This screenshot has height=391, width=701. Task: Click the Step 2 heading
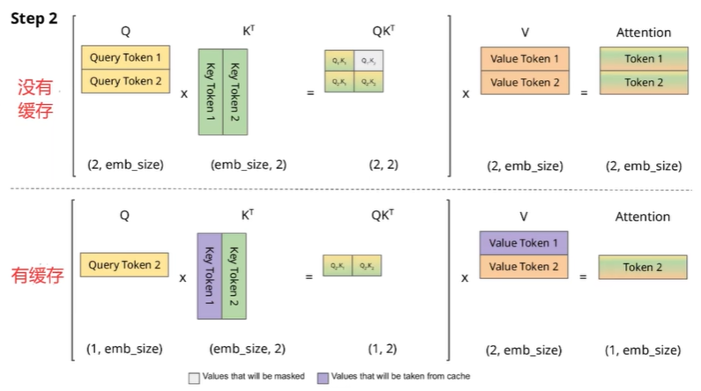click(34, 18)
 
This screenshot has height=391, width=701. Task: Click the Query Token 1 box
click(126, 57)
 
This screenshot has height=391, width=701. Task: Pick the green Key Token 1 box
click(211, 92)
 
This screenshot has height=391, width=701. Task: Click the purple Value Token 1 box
click(524, 243)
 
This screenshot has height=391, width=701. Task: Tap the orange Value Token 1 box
click(524, 59)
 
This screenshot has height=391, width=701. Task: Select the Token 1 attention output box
click(644, 59)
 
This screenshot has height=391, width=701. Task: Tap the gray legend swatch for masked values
click(194, 377)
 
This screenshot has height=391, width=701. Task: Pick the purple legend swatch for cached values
click(324, 377)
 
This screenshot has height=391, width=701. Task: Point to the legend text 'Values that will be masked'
click(254, 377)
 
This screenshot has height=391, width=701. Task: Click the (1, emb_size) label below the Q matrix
click(125, 349)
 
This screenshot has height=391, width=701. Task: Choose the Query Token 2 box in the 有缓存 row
click(126, 265)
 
